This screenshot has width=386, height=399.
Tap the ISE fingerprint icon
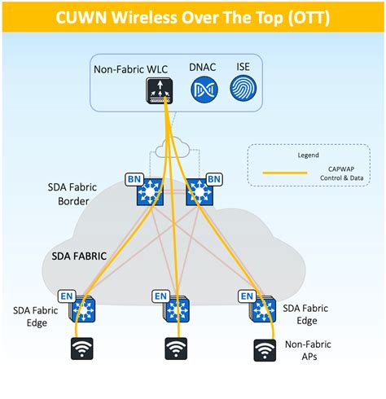(244, 90)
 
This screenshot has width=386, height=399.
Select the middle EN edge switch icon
(177, 310)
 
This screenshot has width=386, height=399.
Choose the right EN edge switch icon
(265, 310)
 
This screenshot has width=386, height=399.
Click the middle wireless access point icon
(176, 349)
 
